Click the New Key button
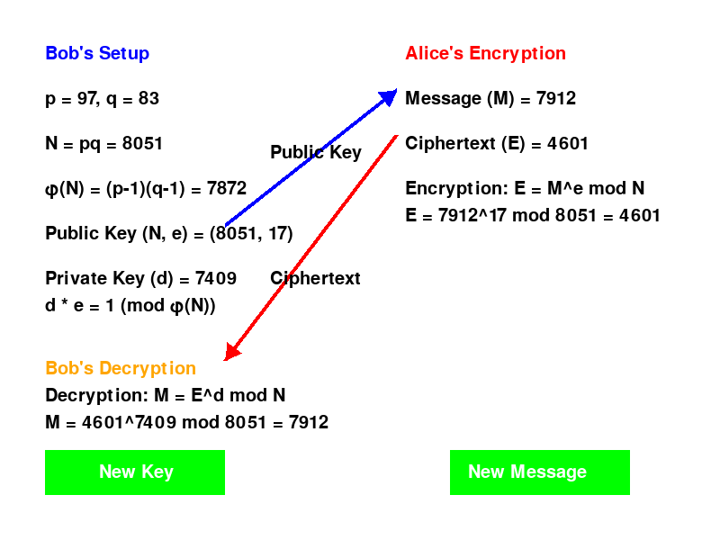(135, 472)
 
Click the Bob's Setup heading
(97, 53)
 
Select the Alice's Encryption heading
(485, 53)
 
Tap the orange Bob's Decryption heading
(120, 368)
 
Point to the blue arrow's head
(391, 94)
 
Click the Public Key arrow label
(315, 152)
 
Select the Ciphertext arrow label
(315, 278)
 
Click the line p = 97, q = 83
(102, 98)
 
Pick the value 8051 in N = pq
(142, 143)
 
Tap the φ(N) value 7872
(226, 188)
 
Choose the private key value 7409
(215, 278)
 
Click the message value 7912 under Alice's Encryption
(555, 98)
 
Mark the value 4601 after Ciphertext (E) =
(569, 143)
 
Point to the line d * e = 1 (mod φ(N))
(130, 305)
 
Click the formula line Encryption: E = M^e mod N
(525, 188)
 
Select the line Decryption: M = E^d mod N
(166, 395)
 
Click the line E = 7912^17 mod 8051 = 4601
(533, 215)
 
